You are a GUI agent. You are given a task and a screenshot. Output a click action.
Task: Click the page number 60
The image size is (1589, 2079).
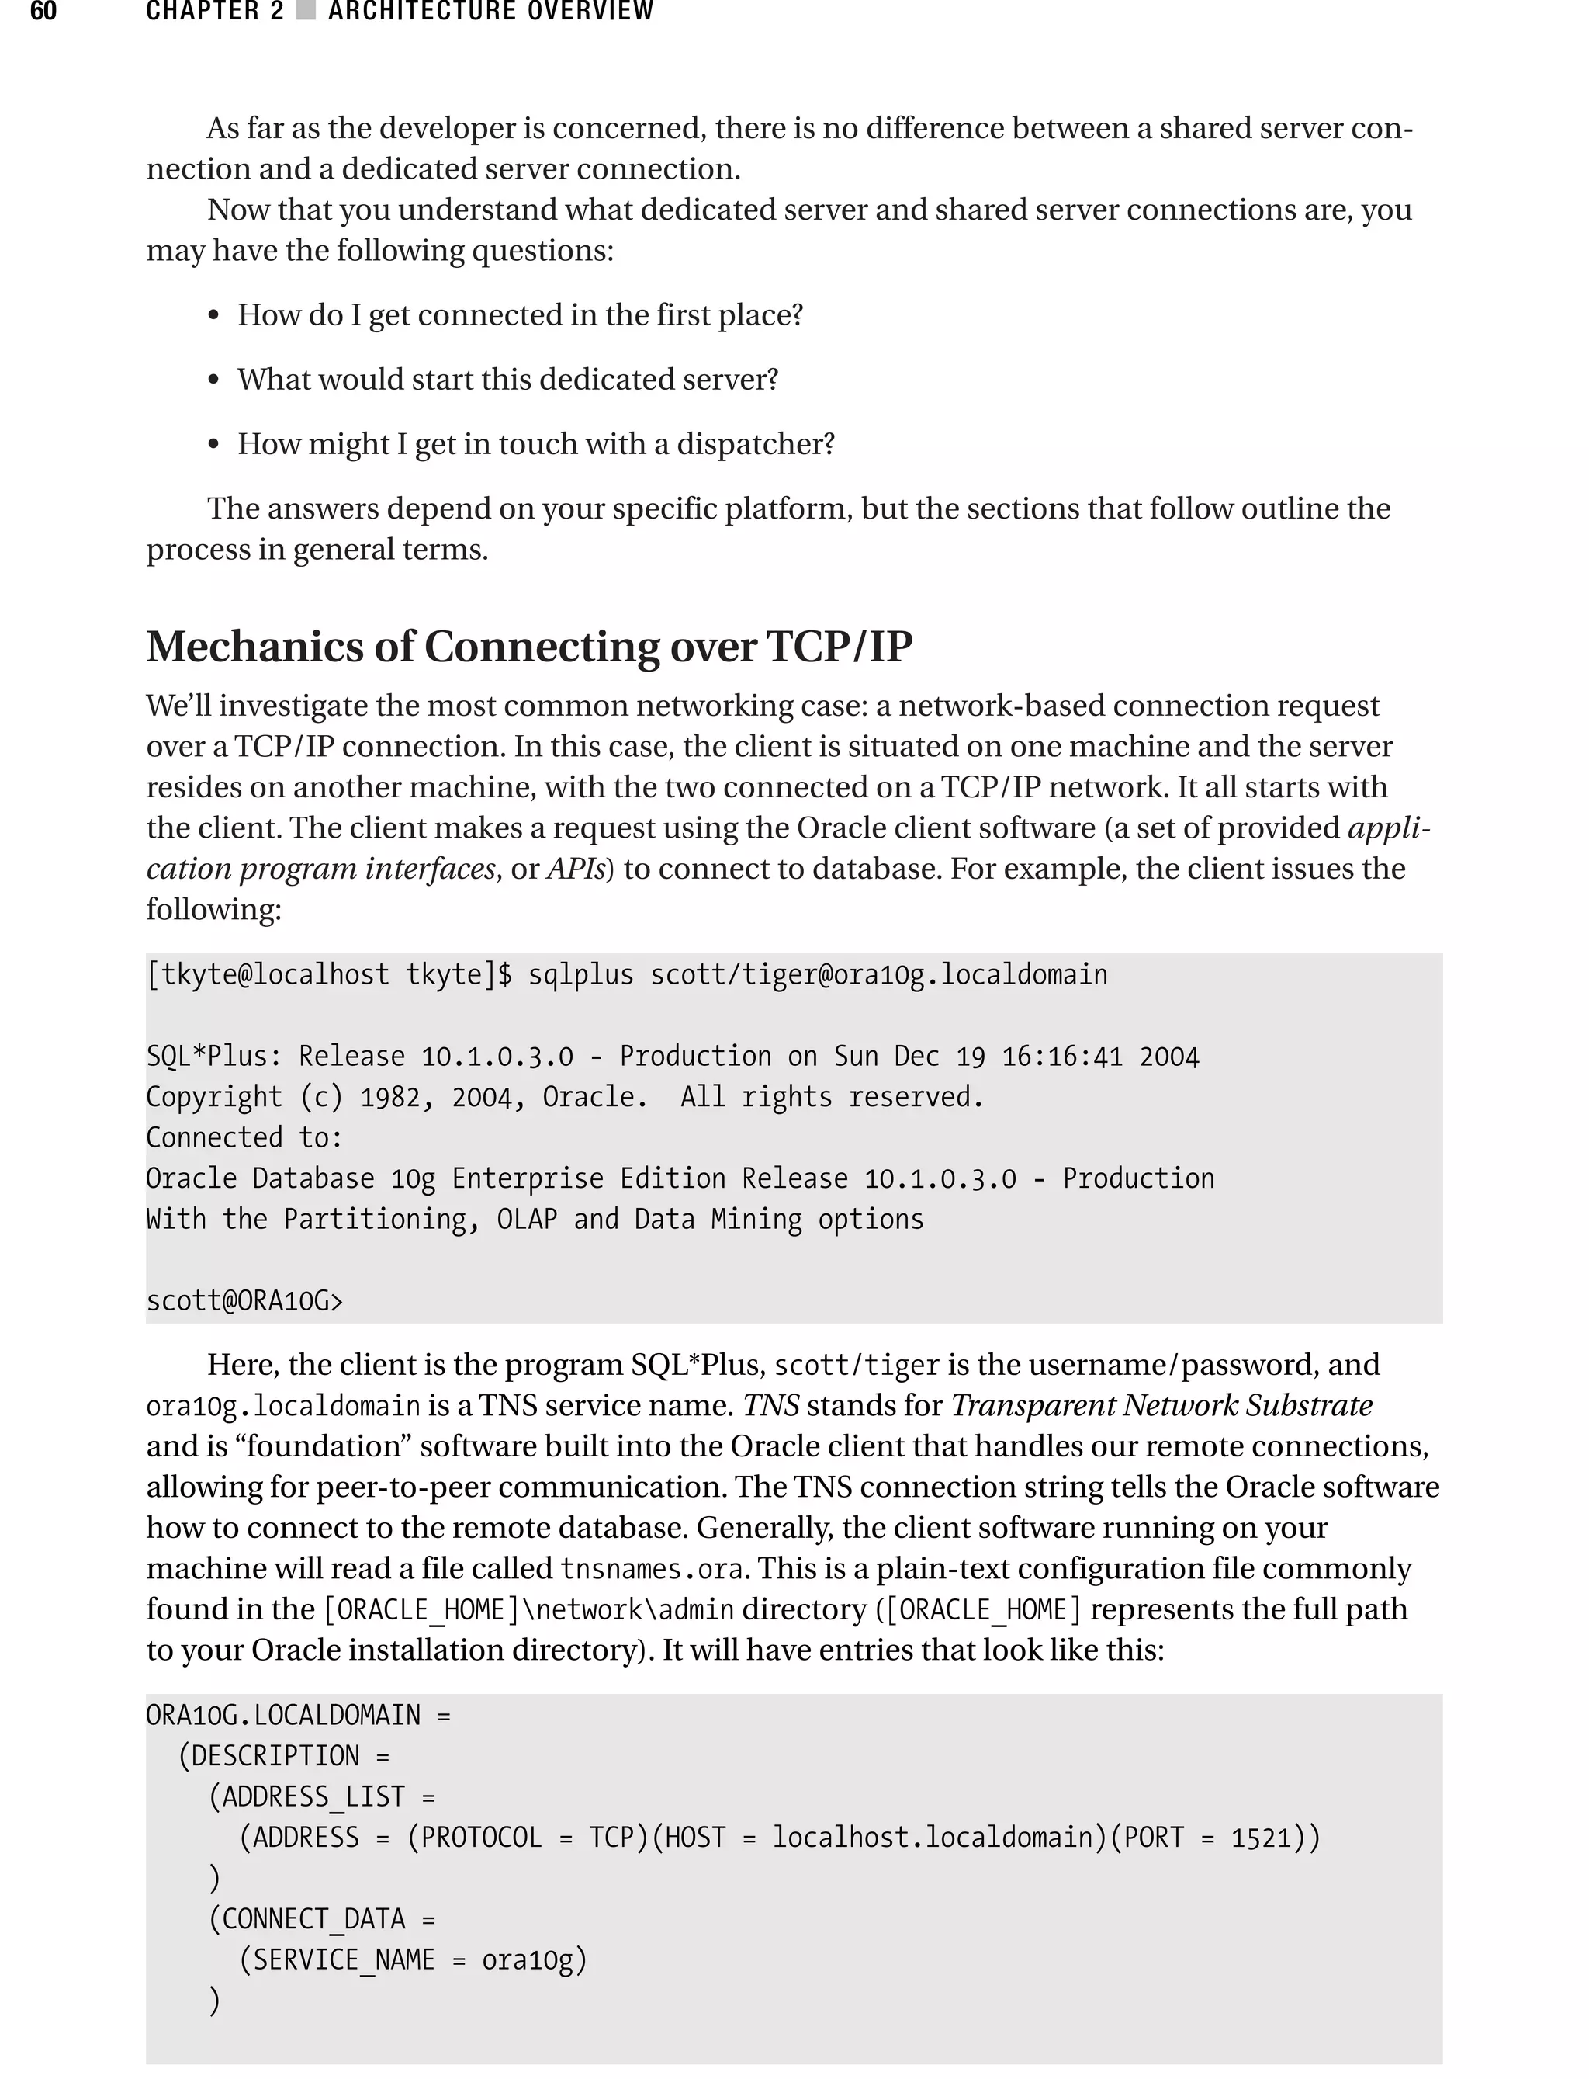coord(43,12)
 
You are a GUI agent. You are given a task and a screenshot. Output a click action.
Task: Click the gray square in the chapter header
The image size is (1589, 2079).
coord(306,12)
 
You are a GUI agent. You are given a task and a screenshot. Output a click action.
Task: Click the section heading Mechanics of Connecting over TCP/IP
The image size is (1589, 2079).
coord(528,647)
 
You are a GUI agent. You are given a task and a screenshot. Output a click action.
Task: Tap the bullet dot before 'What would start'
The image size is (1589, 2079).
coord(214,380)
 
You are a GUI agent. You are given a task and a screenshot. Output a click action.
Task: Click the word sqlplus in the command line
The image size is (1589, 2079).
coord(580,975)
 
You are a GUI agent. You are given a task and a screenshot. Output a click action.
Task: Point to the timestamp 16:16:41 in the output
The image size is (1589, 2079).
coord(1061,1056)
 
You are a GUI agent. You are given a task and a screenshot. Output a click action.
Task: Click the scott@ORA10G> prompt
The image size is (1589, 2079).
coord(244,1301)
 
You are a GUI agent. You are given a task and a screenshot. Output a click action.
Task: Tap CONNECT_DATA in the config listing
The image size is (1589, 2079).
coord(313,1919)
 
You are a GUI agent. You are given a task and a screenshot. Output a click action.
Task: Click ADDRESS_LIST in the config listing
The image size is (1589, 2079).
coord(313,1797)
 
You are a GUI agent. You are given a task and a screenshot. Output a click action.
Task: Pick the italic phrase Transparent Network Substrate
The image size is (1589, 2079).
coord(1161,1406)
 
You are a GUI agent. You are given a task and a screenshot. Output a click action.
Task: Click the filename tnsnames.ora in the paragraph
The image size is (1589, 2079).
coord(651,1569)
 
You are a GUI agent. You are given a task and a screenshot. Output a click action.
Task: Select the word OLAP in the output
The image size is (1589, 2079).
coord(527,1219)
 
